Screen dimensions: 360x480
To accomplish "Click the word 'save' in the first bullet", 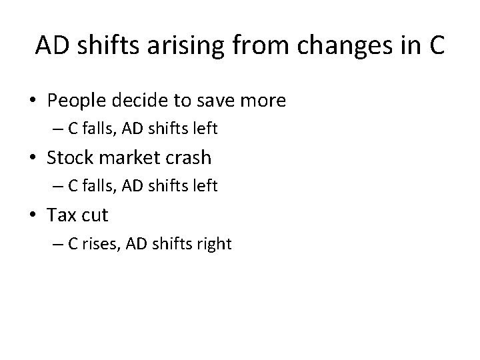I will click(213, 101).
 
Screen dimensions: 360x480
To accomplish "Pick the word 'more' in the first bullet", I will click(263, 101).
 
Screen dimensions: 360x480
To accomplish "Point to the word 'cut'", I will click(95, 215).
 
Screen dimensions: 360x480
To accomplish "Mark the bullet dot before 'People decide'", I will click(33, 101).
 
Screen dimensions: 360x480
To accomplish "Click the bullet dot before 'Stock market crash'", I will click(33, 159).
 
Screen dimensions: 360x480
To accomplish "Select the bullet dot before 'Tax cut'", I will click(33, 216).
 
